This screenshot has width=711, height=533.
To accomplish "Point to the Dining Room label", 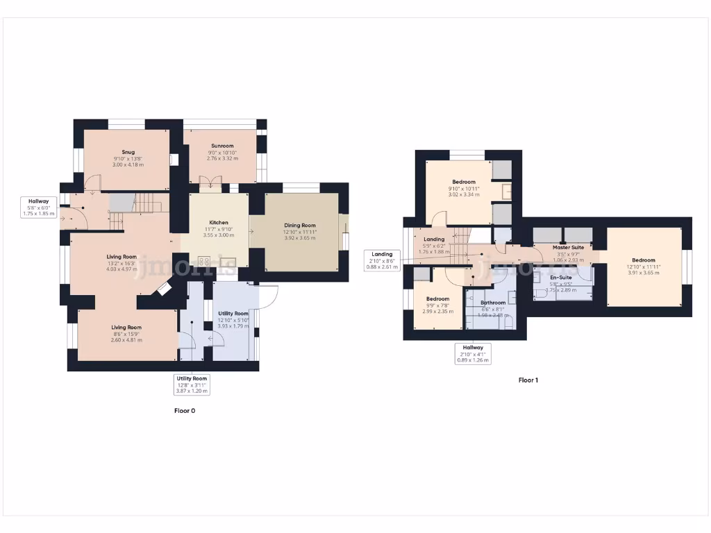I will (x=299, y=225).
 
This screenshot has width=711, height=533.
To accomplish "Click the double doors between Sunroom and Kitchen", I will (x=208, y=184).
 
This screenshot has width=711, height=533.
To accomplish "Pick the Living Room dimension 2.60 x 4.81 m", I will (x=126, y=340).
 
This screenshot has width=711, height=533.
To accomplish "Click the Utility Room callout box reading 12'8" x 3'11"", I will (x=191, y=384).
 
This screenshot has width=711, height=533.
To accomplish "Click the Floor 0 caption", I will (x=184, y=411).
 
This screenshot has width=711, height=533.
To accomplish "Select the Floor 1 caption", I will (x=528, y=380).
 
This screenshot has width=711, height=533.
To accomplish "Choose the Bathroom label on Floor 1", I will (x=493, y=303).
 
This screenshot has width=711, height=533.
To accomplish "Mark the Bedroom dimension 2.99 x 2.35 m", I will (x=437, y=312).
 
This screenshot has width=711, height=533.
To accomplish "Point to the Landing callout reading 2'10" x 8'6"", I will (x=381, y=260).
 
